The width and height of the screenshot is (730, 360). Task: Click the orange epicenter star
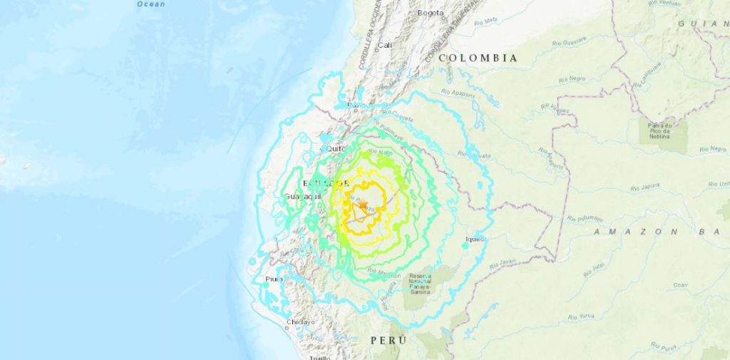coord(363,206)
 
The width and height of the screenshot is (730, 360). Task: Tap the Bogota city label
coord(431,13)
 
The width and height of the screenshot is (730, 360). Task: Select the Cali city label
coord(385,45)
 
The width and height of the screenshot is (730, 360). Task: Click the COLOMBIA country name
coord(478,58)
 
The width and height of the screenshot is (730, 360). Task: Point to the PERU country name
coord(389,341)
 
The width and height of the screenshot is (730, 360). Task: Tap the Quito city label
coord(336,148)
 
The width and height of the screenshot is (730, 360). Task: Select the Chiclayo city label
coord(300,322)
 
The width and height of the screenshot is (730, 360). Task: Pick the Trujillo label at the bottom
coord(319,358)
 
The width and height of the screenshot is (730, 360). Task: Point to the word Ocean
coord(150,4)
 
